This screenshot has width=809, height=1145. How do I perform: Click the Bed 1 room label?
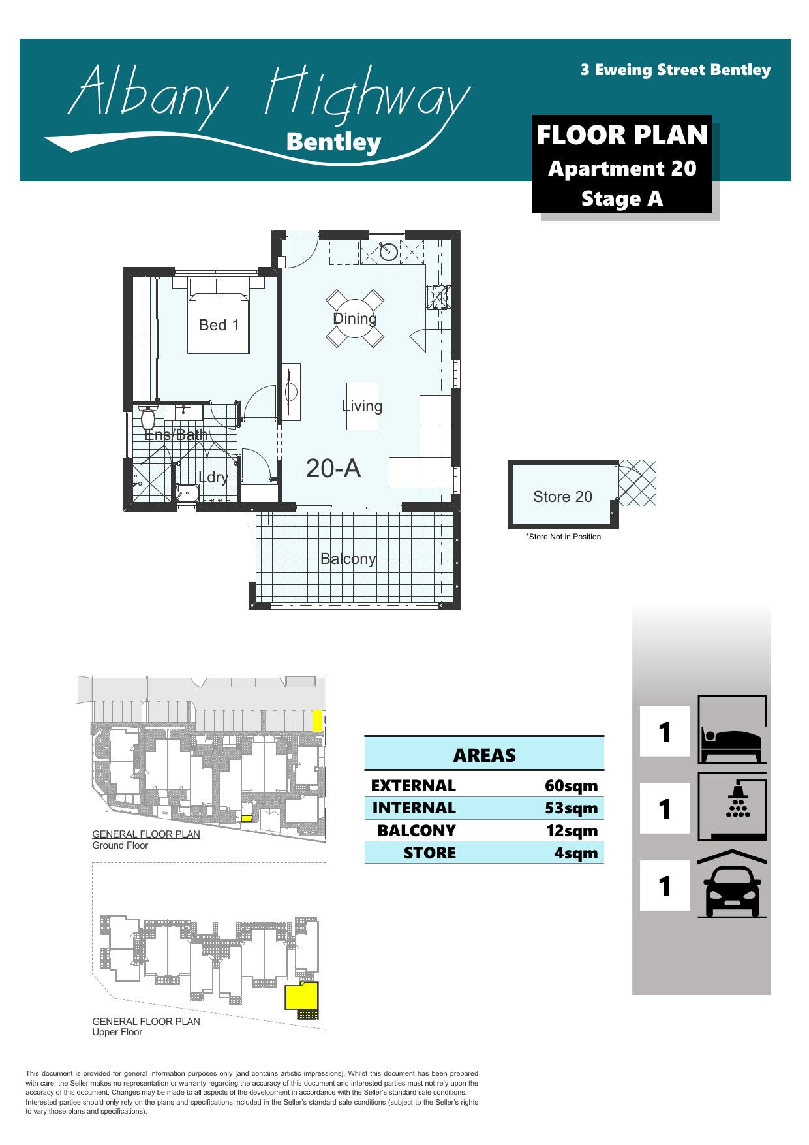click(219, 325)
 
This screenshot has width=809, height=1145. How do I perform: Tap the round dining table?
click(355, 319)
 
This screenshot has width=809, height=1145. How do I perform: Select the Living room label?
click(362, 406)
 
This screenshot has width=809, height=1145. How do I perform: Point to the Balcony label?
click(348, 559)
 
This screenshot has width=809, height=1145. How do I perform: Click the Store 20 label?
click(562, 497)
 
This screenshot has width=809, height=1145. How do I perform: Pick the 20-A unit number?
click(333, 468)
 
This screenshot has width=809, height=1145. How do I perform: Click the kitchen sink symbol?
click(389, 251)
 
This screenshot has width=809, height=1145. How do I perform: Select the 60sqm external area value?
click(571, 785)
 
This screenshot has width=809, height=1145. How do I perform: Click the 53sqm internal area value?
click(571, 808)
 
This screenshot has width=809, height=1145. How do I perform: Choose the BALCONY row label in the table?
click(416, 830)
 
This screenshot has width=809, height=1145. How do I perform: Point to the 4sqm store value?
click(575, 853)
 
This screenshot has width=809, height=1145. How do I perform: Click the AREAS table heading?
click(484, 755)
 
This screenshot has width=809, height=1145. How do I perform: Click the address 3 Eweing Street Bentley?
click(675, 70)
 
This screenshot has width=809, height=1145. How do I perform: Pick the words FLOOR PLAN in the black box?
click(622, 135)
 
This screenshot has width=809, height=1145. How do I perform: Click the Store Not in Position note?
click(564, 537)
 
